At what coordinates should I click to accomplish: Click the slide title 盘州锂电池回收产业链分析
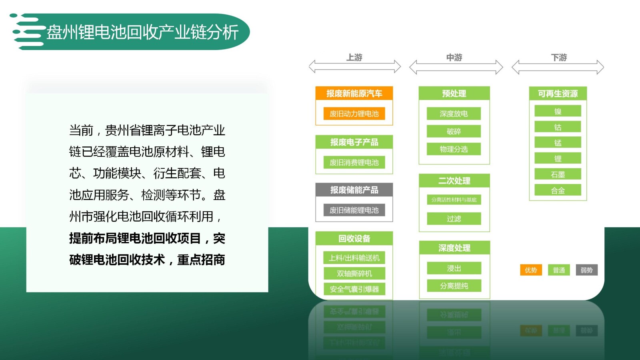point(142,32)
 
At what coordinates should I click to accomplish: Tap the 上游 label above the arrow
point(354,58)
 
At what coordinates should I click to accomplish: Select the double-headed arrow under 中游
point(456,67)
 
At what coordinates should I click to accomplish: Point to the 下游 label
point(559,58)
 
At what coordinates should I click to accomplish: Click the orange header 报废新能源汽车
point(354,93)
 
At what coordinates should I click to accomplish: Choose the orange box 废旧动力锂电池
point(354,114)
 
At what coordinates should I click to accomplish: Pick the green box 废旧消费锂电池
point(354,162)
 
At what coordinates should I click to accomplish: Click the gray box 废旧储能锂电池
point(354,210)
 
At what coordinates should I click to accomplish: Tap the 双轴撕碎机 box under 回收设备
point(354,274)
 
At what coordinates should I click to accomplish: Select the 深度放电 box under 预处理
point(454,114)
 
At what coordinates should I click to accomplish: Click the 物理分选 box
point(454,149)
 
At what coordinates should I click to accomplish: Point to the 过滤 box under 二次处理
point(454,219)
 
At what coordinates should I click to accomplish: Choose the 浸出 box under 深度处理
point(454,268)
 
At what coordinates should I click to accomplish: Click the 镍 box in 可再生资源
point(558,111)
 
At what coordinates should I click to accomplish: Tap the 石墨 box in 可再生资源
point(558,174)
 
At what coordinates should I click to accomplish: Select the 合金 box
point(558,190)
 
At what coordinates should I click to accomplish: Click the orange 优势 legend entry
point(531,270)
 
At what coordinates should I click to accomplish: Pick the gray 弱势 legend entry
point(586,270)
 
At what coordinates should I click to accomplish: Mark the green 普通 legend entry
point(559,270)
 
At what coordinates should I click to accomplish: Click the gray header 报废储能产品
point(354,190)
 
